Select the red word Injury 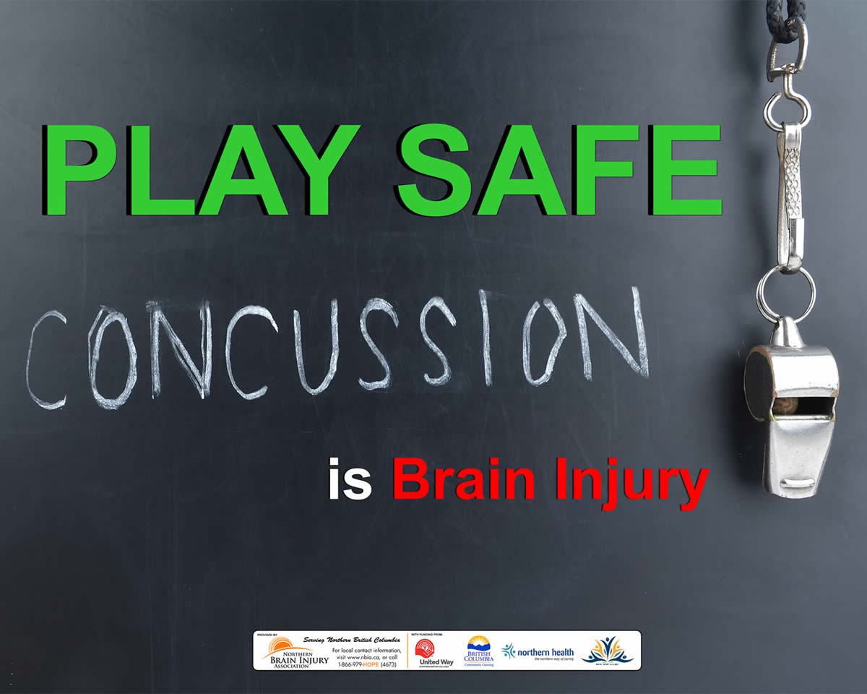(633, 483)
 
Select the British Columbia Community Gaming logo (478, 651)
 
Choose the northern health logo (538, 651)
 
